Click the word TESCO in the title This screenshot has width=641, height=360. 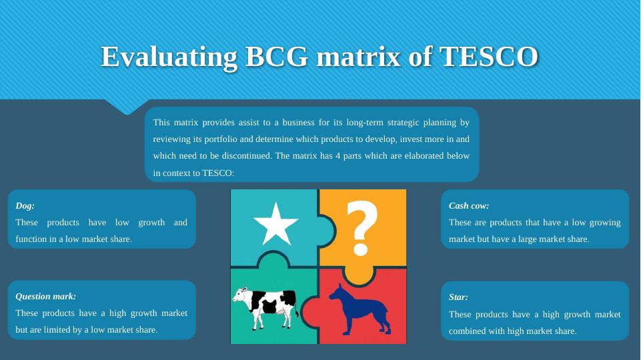pyautogui.click(x=488, y=57)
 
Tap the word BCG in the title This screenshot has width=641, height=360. pyautogui.click(x=276, y=57)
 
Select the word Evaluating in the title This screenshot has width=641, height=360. pyautogui.click(x=169, y=57)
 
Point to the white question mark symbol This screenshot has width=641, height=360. pyautogui.click(x=362, y=227)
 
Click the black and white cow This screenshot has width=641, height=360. pyautogui.click(x=265, y=307)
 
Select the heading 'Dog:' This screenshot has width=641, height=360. pyautogui.click(x=25, y=206)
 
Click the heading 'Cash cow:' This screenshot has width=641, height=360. pyautogui.click(x=469, y=206)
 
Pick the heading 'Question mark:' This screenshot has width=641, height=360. pyautogui.click(x=46, y=297)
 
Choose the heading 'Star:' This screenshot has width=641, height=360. pyautogui.click(x=458, y=297)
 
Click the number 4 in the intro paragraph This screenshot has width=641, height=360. pyautogui.click(x=338, y=156)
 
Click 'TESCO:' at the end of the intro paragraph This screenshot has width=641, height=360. pyautogui.click(x=218, y=173)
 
